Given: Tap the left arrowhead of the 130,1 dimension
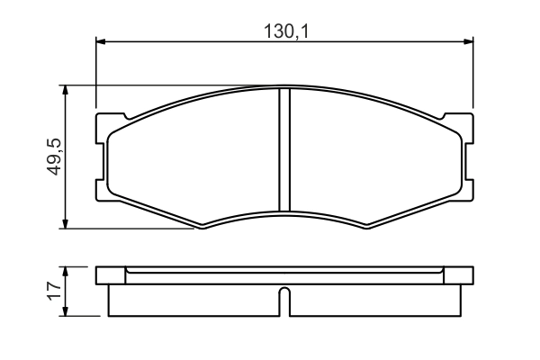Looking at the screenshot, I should (101, 40).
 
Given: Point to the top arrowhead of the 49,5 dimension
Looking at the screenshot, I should (66, 91).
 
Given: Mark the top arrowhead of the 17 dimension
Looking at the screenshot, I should (66, 271).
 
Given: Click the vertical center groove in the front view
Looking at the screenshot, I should (283, 148).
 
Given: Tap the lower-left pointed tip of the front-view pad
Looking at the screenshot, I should (201, 228).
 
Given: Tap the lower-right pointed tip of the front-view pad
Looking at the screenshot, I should (366, 228).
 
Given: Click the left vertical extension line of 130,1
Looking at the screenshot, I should (95, 72).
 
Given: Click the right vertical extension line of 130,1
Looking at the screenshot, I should (473, 72).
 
